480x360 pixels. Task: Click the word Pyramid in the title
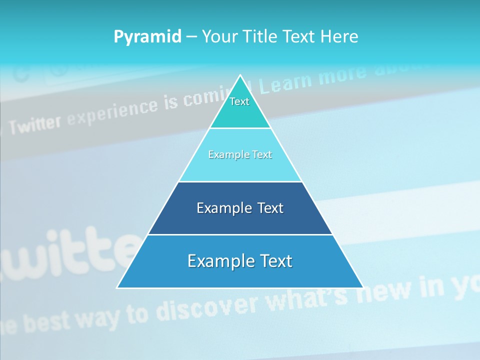click(147, 36)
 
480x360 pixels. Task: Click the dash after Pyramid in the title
click(191, 37)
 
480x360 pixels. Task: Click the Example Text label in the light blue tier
click(240, 155)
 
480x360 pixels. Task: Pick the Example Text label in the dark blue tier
click(240, 208)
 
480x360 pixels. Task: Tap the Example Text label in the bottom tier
click(240, 261)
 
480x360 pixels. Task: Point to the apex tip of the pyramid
click(240, 75)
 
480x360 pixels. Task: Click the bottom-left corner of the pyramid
click(118, 287)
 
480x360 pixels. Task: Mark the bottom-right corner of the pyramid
click(362, 287)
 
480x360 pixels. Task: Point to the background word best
click(47, 322)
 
